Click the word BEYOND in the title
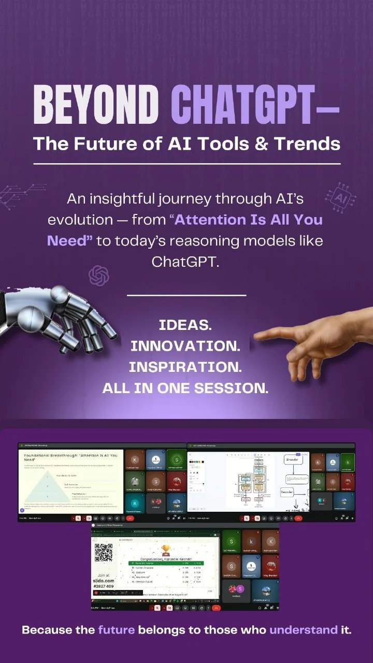(x=95, y=103)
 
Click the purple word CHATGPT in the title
(x=243, y=103)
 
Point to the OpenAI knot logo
(x=99, y=276)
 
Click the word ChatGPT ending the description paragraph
(x=186, y=262)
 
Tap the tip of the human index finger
(x=257, y=336)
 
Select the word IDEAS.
(x=185, y=326)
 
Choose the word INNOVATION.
(x=185, y=346)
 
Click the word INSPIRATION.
(x=185, y=367)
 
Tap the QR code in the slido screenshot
(x=104, y=553)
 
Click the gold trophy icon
(x=166, y=550)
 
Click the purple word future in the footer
(x=117, y=630)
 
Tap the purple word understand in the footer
(x=303, y=630)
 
